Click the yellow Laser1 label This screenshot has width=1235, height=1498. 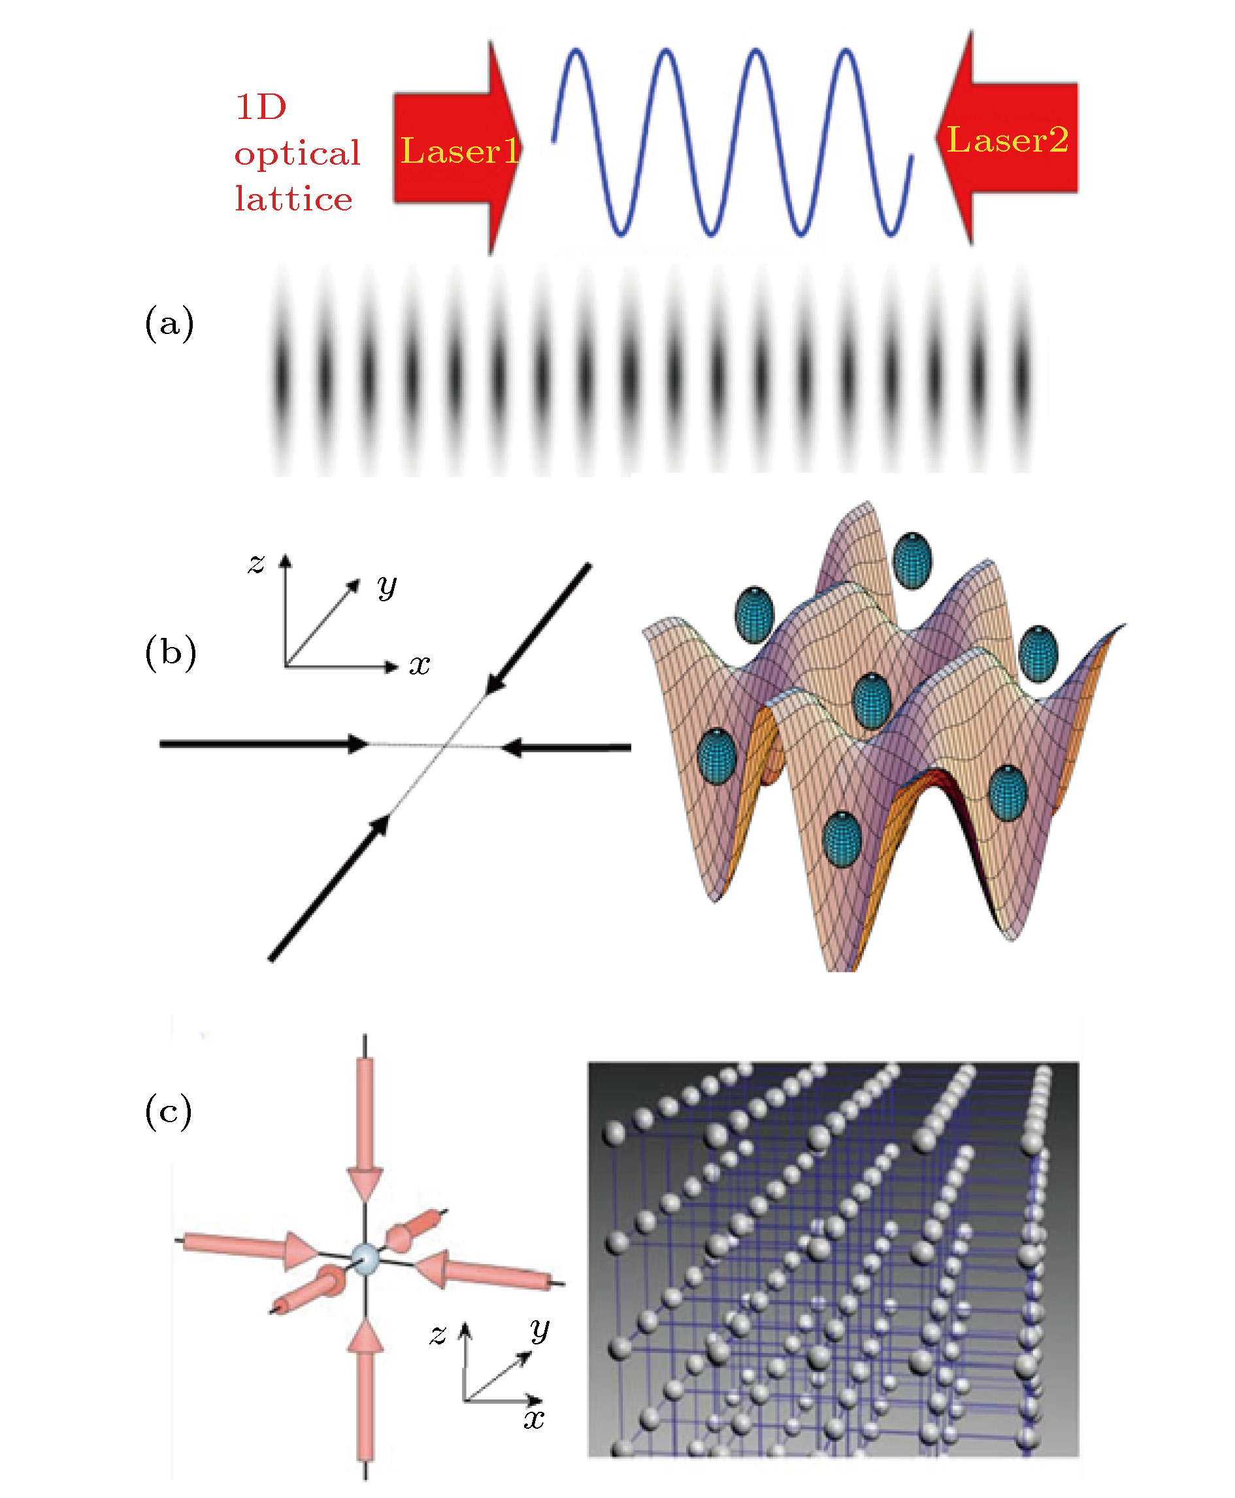click(460, 151)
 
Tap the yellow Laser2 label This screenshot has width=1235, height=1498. click(1008, 139)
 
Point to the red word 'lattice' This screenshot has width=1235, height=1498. click(293, 199)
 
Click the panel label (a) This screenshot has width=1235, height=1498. click(169, 323)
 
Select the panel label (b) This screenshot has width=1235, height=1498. click(171, 652)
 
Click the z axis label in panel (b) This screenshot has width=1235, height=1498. click(256, 563)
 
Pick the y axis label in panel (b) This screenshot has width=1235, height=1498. click(387, 586)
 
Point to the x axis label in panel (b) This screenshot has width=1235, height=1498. click(420, 665)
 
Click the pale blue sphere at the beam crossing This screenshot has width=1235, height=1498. click(366, 1259)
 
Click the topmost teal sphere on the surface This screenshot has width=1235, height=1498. click(912, 560)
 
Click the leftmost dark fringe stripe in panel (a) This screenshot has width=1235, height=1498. click(282, 370)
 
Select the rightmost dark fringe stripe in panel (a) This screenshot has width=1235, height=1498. click(1021, 370)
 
